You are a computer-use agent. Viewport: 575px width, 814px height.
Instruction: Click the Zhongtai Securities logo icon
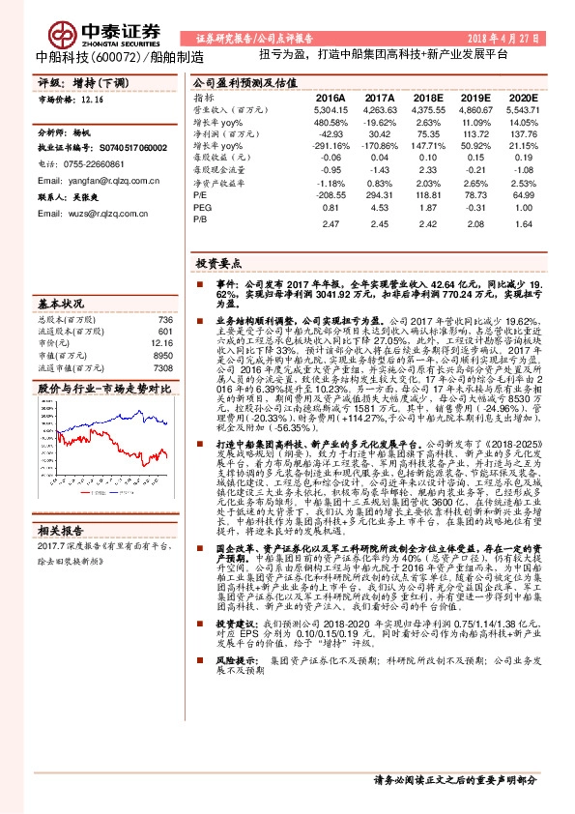[x=64, y=32]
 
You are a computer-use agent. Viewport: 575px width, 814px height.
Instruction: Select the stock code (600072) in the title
[x=117, y=56]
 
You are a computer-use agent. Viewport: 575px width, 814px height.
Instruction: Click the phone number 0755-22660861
[x=103, y=165]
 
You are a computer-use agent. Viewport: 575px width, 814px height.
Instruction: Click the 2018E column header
[x=424, y=99]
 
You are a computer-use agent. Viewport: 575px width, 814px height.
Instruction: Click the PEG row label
[x=201, y=207]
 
